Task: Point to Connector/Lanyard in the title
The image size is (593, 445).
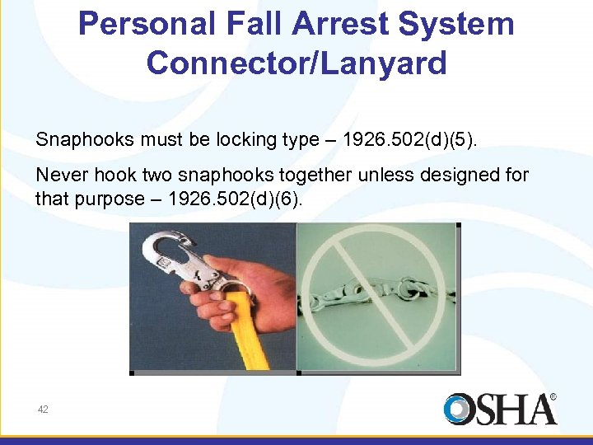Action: point(296,63)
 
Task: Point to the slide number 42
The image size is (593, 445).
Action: point(41,410)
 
